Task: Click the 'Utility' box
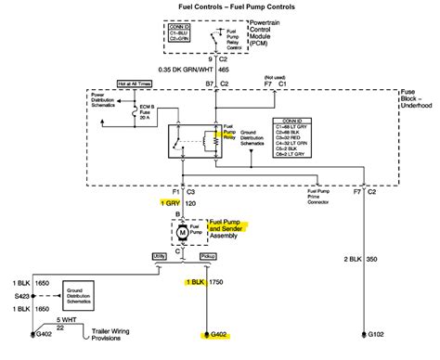coord(160,254)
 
